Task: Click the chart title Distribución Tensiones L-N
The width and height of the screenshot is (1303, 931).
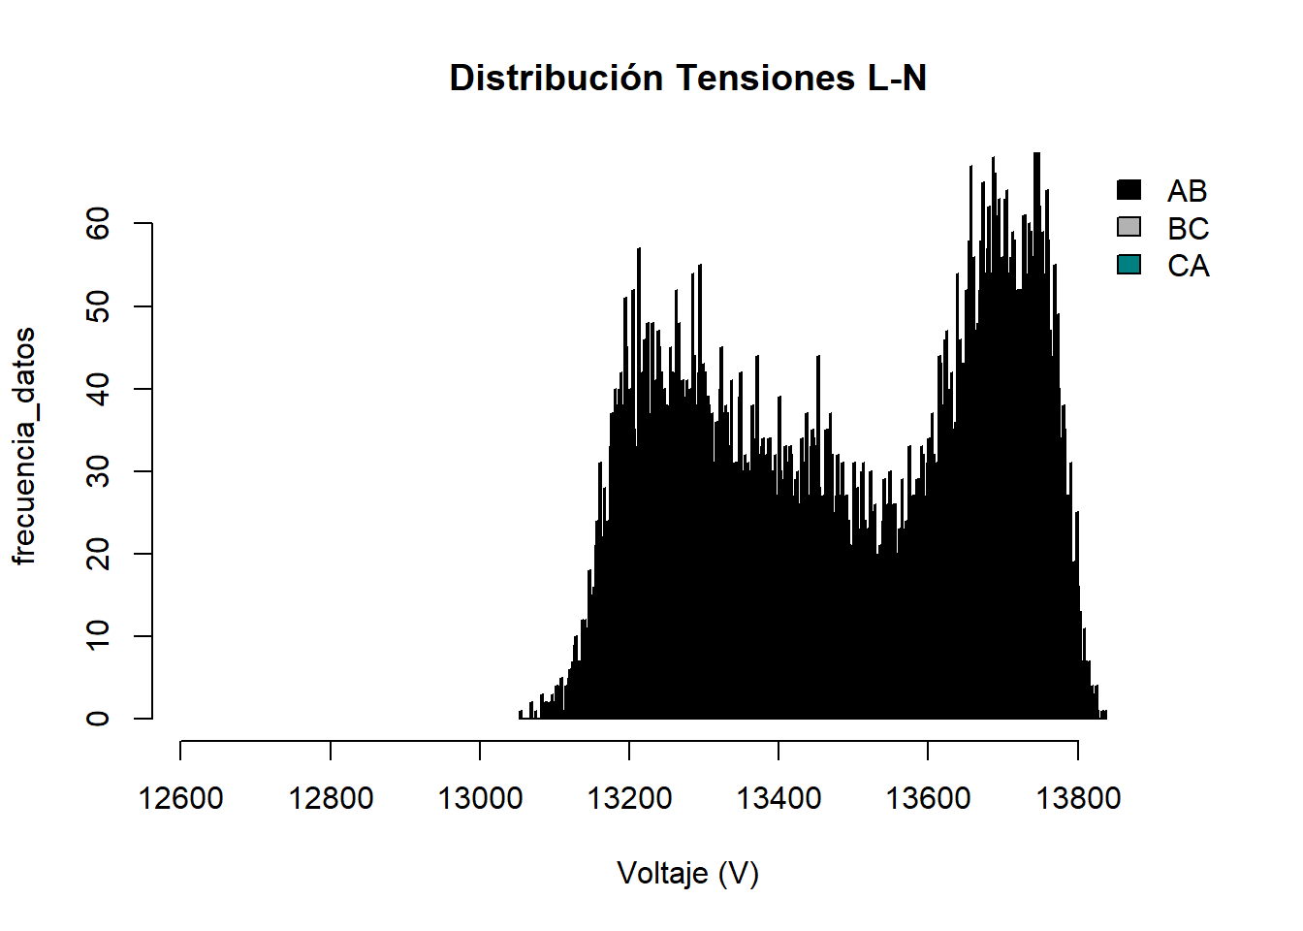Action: click(x=687, y=79)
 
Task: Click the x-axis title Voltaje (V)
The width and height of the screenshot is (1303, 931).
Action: click(x=687, y=874)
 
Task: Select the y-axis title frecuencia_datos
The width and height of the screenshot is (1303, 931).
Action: click(x=24, y=446)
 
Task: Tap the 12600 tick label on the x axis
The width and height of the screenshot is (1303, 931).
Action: click(x=180, y=799)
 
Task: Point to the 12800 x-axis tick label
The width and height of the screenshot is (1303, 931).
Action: click(x=331, y=799)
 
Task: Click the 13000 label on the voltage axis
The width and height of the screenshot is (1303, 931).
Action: click(x=480, y=799)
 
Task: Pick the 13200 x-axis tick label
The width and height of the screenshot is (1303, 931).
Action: click(x=629, y=799)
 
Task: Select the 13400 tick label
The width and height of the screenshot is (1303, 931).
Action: click(x=779, y=799)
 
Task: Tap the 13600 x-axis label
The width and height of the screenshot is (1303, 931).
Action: click(x=928, y=799)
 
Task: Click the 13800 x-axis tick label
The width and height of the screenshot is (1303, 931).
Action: click(x=1078, y=799)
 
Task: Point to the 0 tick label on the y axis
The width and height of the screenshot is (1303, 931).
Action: click(x=98, y=719)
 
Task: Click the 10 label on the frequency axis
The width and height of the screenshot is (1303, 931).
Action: click(x=98, y=636)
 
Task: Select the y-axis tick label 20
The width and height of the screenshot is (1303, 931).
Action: click(x=98, y=554)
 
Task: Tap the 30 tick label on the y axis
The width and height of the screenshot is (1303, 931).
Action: click(x=98, y=471)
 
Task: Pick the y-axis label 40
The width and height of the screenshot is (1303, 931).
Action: click(x=98, y=389)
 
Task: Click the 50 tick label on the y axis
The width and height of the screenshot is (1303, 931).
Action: click(x=98, y=306)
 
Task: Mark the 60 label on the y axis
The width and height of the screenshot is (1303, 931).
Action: click(x=98, y=224)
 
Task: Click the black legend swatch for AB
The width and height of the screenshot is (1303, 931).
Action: click(x=1128, y=190)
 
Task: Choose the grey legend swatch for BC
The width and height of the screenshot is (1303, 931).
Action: click(x=1128, y=227)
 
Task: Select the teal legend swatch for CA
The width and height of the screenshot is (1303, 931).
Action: click(x=1128, y=265)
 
